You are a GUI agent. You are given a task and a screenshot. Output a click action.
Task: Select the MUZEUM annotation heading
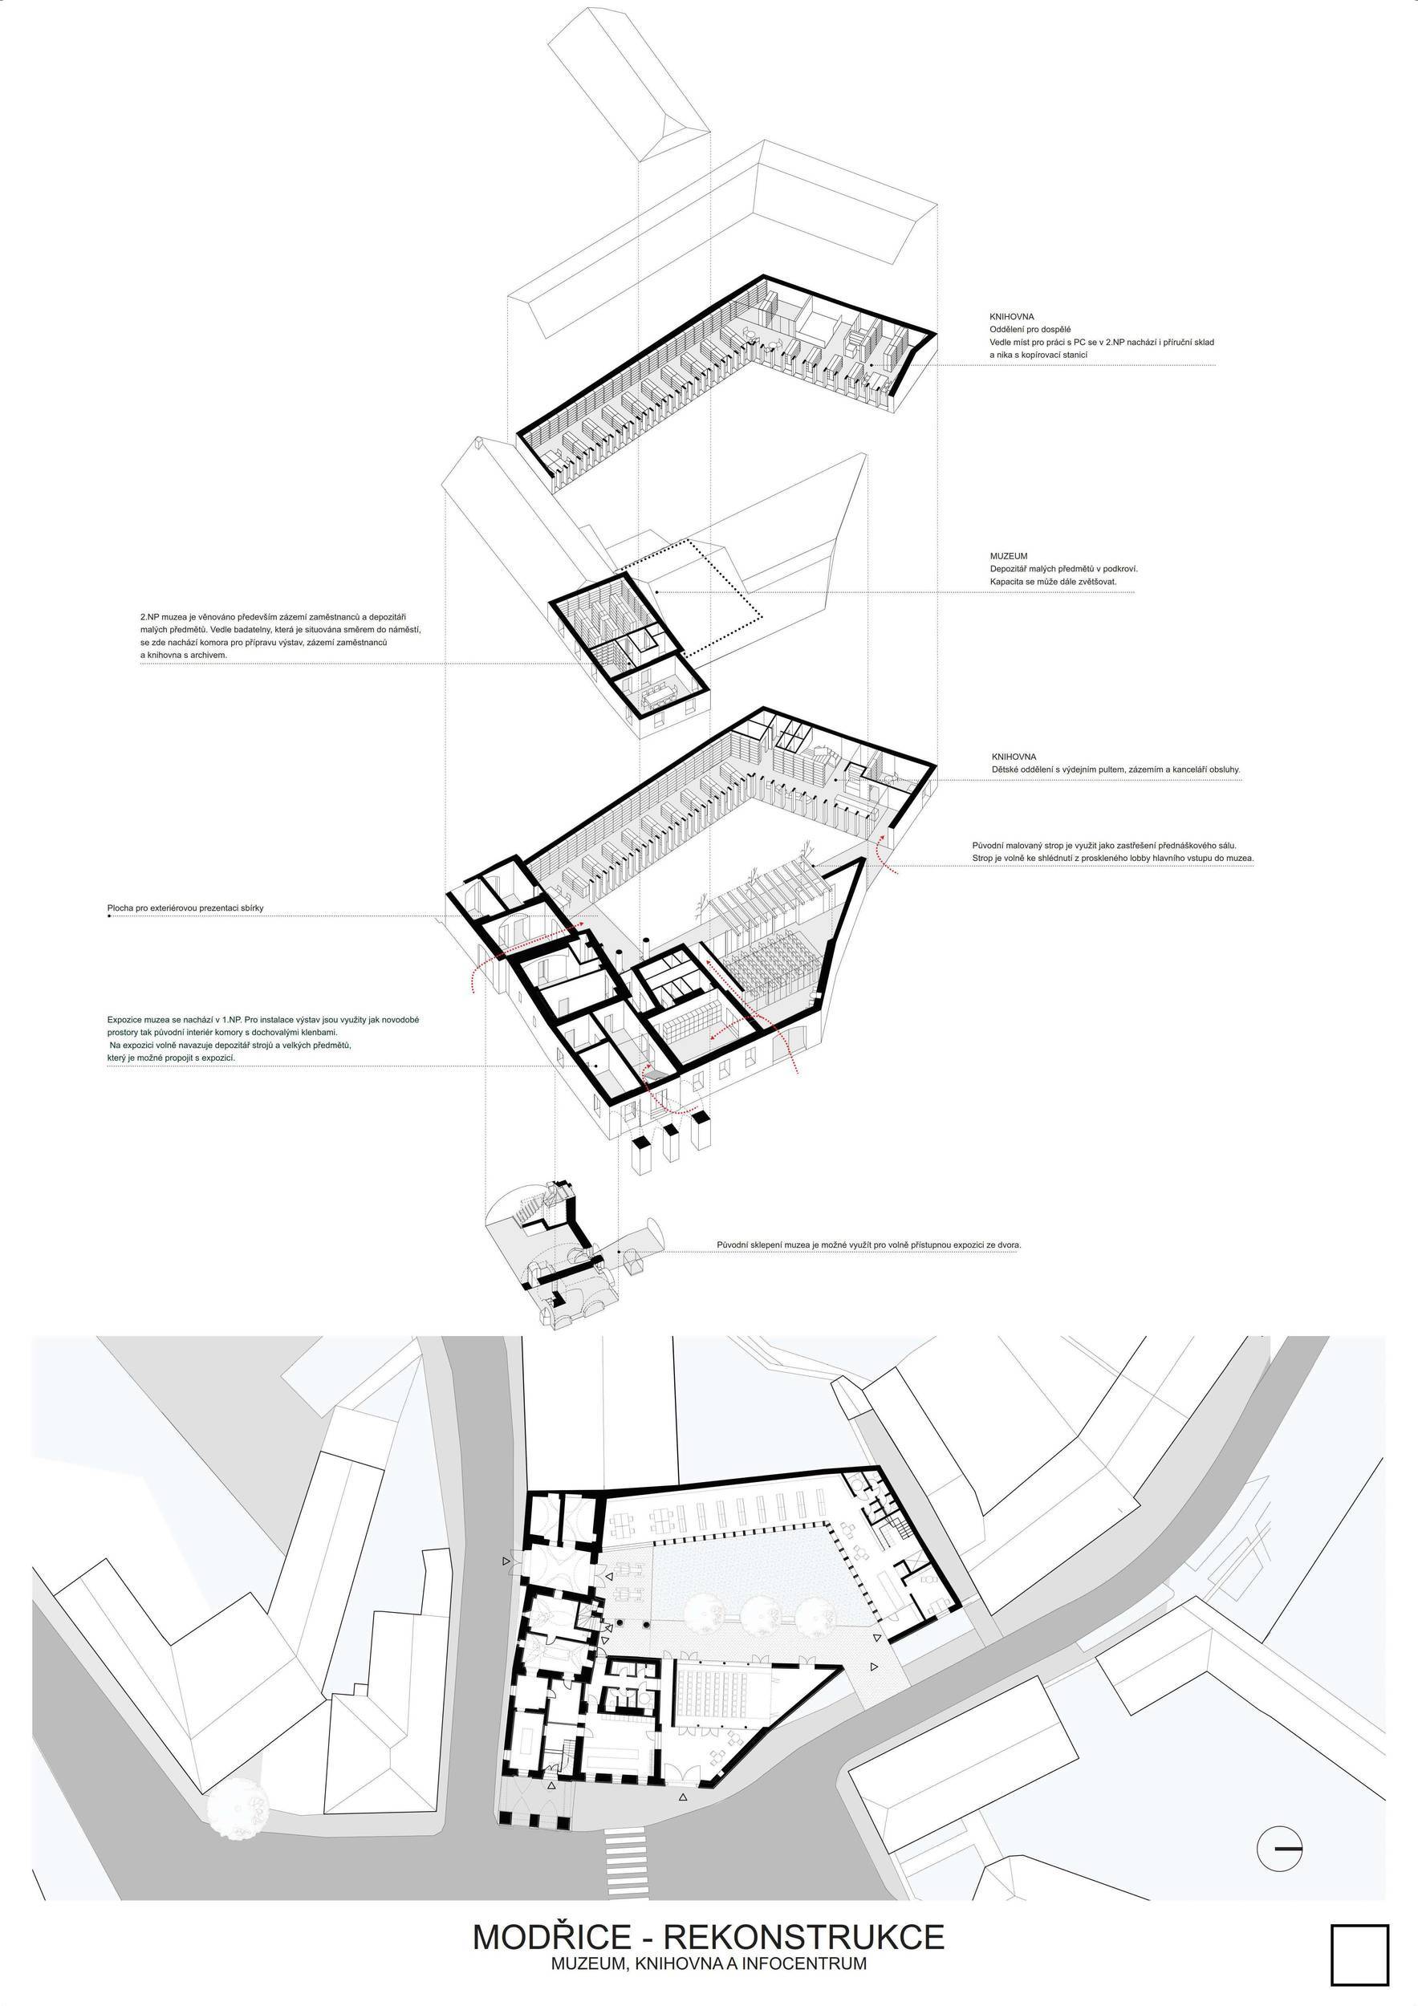tap(1008, 556)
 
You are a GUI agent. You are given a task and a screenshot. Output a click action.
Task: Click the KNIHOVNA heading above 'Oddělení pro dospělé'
tap(1012, 316)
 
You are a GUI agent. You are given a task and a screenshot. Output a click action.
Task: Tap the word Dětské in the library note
tap(1006, 770)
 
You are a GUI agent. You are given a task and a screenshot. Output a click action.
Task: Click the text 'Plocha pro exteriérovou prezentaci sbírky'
tap(185, 908)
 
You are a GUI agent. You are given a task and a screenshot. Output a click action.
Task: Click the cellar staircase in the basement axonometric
tap(531, 1209)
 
